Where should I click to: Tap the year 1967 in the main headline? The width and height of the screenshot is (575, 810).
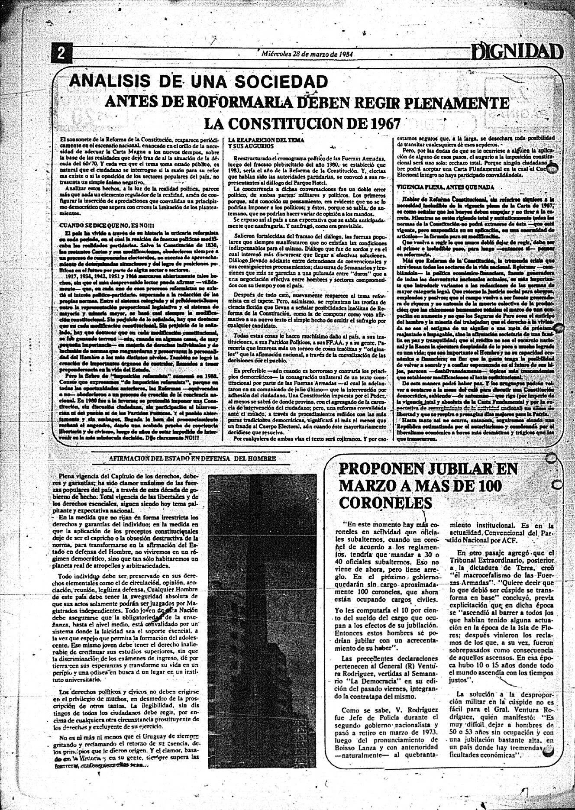pyautogui.click(x=381, y=124)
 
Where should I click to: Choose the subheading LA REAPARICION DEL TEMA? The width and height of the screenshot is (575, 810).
pyautogui.click(x=266, y=140)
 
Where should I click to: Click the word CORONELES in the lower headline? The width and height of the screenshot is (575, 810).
pyautogui.click(x=385, y=503)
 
